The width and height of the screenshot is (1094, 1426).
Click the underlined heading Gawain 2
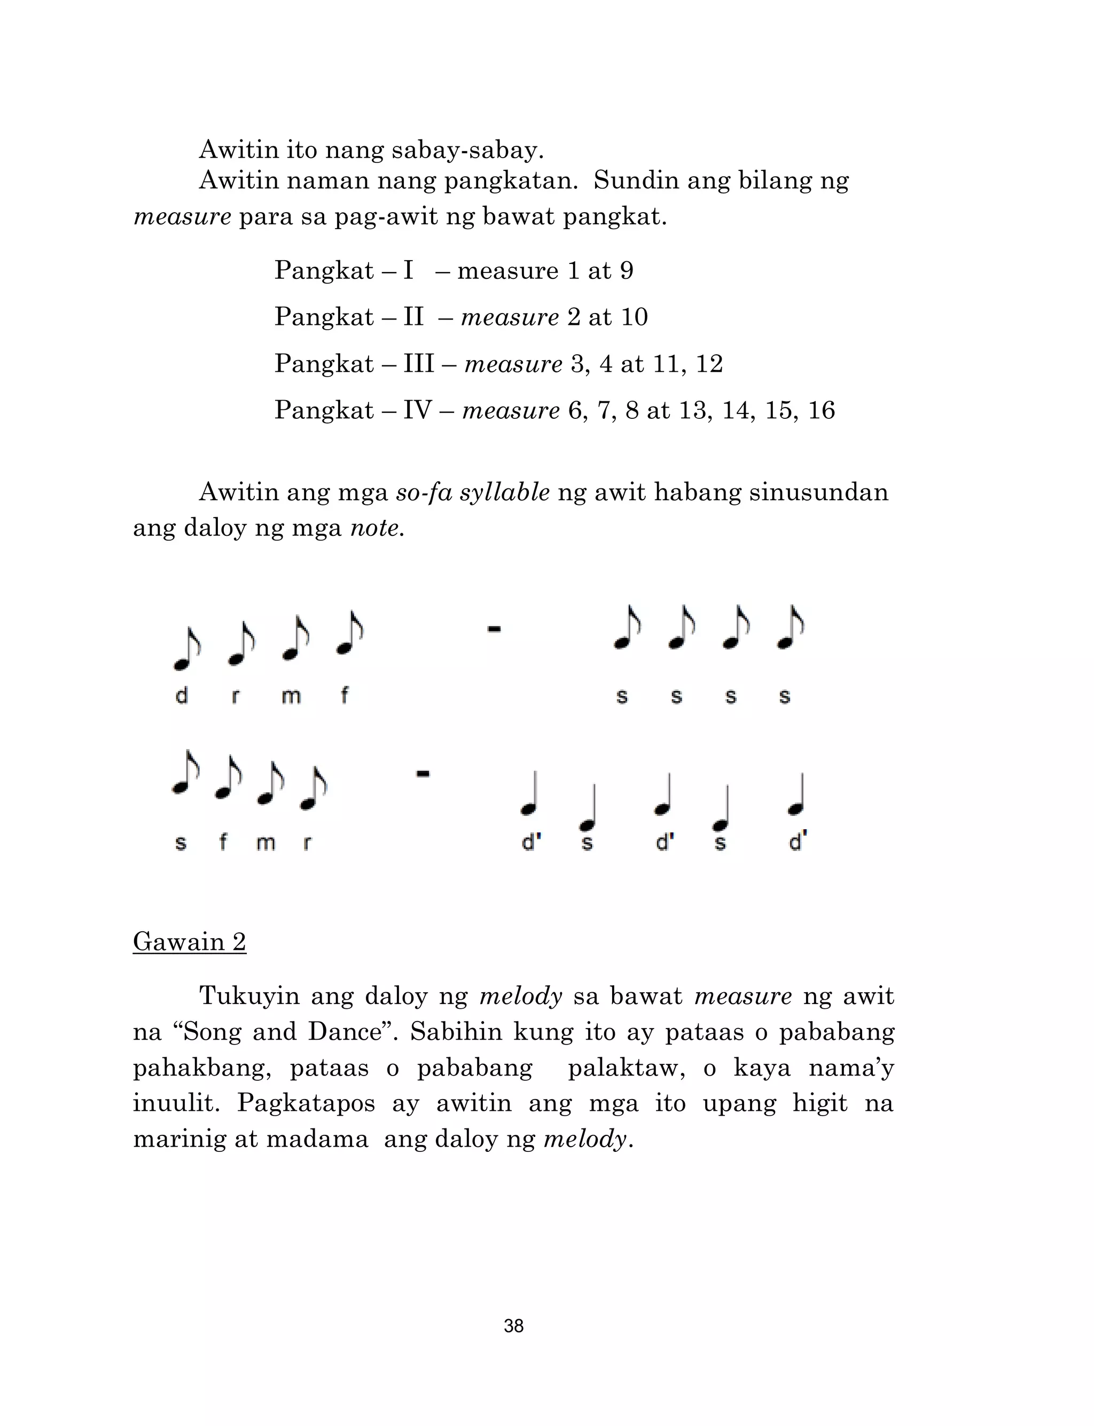(x=190, y=941)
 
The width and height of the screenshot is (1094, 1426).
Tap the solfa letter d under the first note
(x=182, y=696)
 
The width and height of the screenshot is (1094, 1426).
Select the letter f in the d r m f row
(x=345, y=696)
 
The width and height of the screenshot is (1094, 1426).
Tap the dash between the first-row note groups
(x=494, y=629)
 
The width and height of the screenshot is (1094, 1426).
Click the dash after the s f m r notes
(x=423, y=774)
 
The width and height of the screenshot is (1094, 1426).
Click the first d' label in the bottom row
(x=532, y=843)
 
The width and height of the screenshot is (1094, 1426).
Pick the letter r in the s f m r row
(x=307, y=843)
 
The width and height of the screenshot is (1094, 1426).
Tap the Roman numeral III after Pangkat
(x=418, y=363)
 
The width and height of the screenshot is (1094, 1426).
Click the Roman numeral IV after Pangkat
(x=417, y=410)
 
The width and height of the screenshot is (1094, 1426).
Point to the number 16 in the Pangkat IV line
(x=821, y=410)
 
